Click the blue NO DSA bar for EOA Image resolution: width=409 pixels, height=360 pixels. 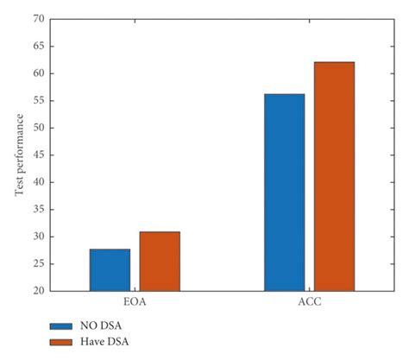point(110,269)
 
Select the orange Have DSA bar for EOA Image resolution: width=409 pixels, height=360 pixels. point(160,261)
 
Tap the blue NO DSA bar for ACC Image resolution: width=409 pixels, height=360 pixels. point(284,192)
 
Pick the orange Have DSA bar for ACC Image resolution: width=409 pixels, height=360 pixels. point(334,176)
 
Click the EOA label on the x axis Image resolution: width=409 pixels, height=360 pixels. point(135,304)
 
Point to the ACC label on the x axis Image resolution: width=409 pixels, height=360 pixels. point(309,304)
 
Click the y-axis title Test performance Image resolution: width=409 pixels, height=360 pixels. point(19,155)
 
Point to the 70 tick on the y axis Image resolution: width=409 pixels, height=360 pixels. point(39,18)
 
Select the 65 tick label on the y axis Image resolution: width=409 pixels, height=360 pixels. point(39,46)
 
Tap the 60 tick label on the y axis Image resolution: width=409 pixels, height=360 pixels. point(39,73)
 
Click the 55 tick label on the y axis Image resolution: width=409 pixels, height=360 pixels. point(39,100)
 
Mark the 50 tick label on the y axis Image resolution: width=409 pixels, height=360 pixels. point(39,128)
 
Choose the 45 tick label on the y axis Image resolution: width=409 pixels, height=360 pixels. point(39,155)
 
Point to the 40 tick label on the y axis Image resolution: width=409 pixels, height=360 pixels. point(39,182)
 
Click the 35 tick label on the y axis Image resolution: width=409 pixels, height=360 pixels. point(39,210)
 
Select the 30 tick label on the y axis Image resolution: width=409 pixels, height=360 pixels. point(39,237)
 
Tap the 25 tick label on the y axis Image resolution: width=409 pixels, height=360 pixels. point(39,264)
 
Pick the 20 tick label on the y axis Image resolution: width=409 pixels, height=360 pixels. point(39,291)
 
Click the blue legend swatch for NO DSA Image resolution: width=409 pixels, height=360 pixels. point(60,327)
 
